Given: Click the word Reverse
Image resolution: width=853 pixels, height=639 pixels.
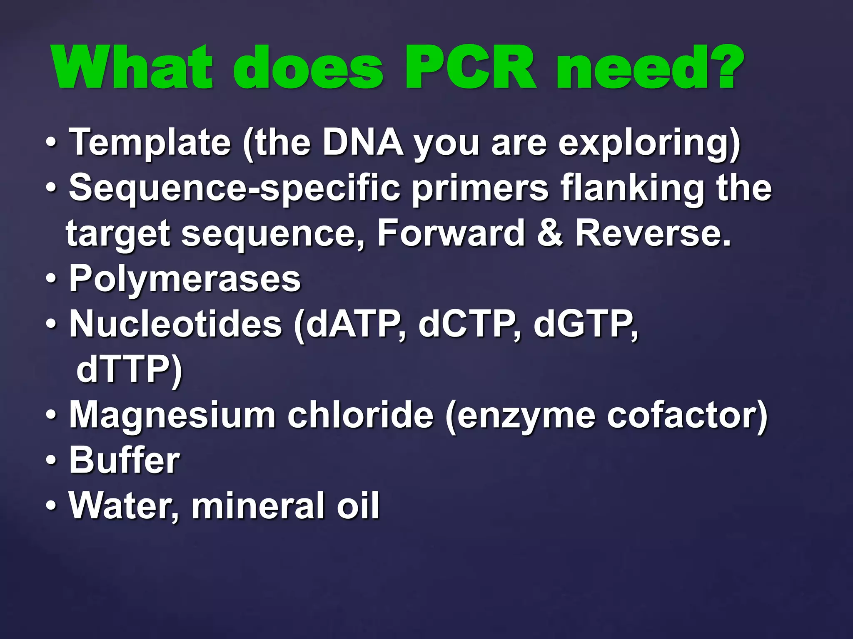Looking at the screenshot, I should tap(653, 234).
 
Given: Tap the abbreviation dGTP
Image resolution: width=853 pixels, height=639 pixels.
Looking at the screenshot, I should tap(584, 325).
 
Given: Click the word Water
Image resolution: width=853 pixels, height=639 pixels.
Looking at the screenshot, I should tap(121, 506).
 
